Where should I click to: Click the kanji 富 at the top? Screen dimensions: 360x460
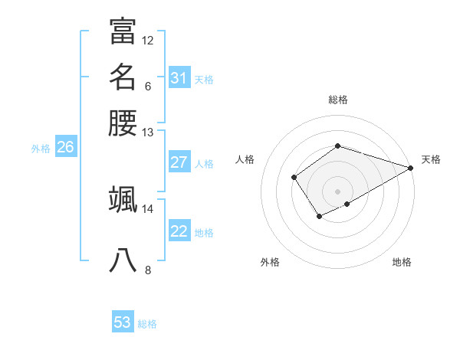[123, 32]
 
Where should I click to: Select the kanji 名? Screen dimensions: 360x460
[123, 78]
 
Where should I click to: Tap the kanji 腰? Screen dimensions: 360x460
[123, 123]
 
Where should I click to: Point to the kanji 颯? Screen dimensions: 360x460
[123, 200]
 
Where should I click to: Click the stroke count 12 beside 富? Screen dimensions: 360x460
[148, 40]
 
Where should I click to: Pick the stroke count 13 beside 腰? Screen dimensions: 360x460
[148, 133]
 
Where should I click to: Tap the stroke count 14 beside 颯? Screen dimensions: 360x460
[148, 208]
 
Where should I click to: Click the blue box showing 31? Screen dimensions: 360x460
[179, 78]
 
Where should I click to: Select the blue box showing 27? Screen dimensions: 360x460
[179, 162]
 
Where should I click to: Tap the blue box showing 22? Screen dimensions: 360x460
[179, 231]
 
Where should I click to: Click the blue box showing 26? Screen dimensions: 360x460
[65, 148]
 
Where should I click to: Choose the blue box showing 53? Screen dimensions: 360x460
[123, 322]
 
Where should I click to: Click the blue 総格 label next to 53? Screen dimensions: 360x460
[147, 324]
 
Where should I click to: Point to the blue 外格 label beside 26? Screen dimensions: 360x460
[41, 149]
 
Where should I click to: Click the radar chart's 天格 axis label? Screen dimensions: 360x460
[431, 159]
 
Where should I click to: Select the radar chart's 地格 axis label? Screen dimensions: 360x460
[402, 262]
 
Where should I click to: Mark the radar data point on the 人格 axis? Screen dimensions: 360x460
[294, 178]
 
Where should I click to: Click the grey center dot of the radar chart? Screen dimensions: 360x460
[337, 191]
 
